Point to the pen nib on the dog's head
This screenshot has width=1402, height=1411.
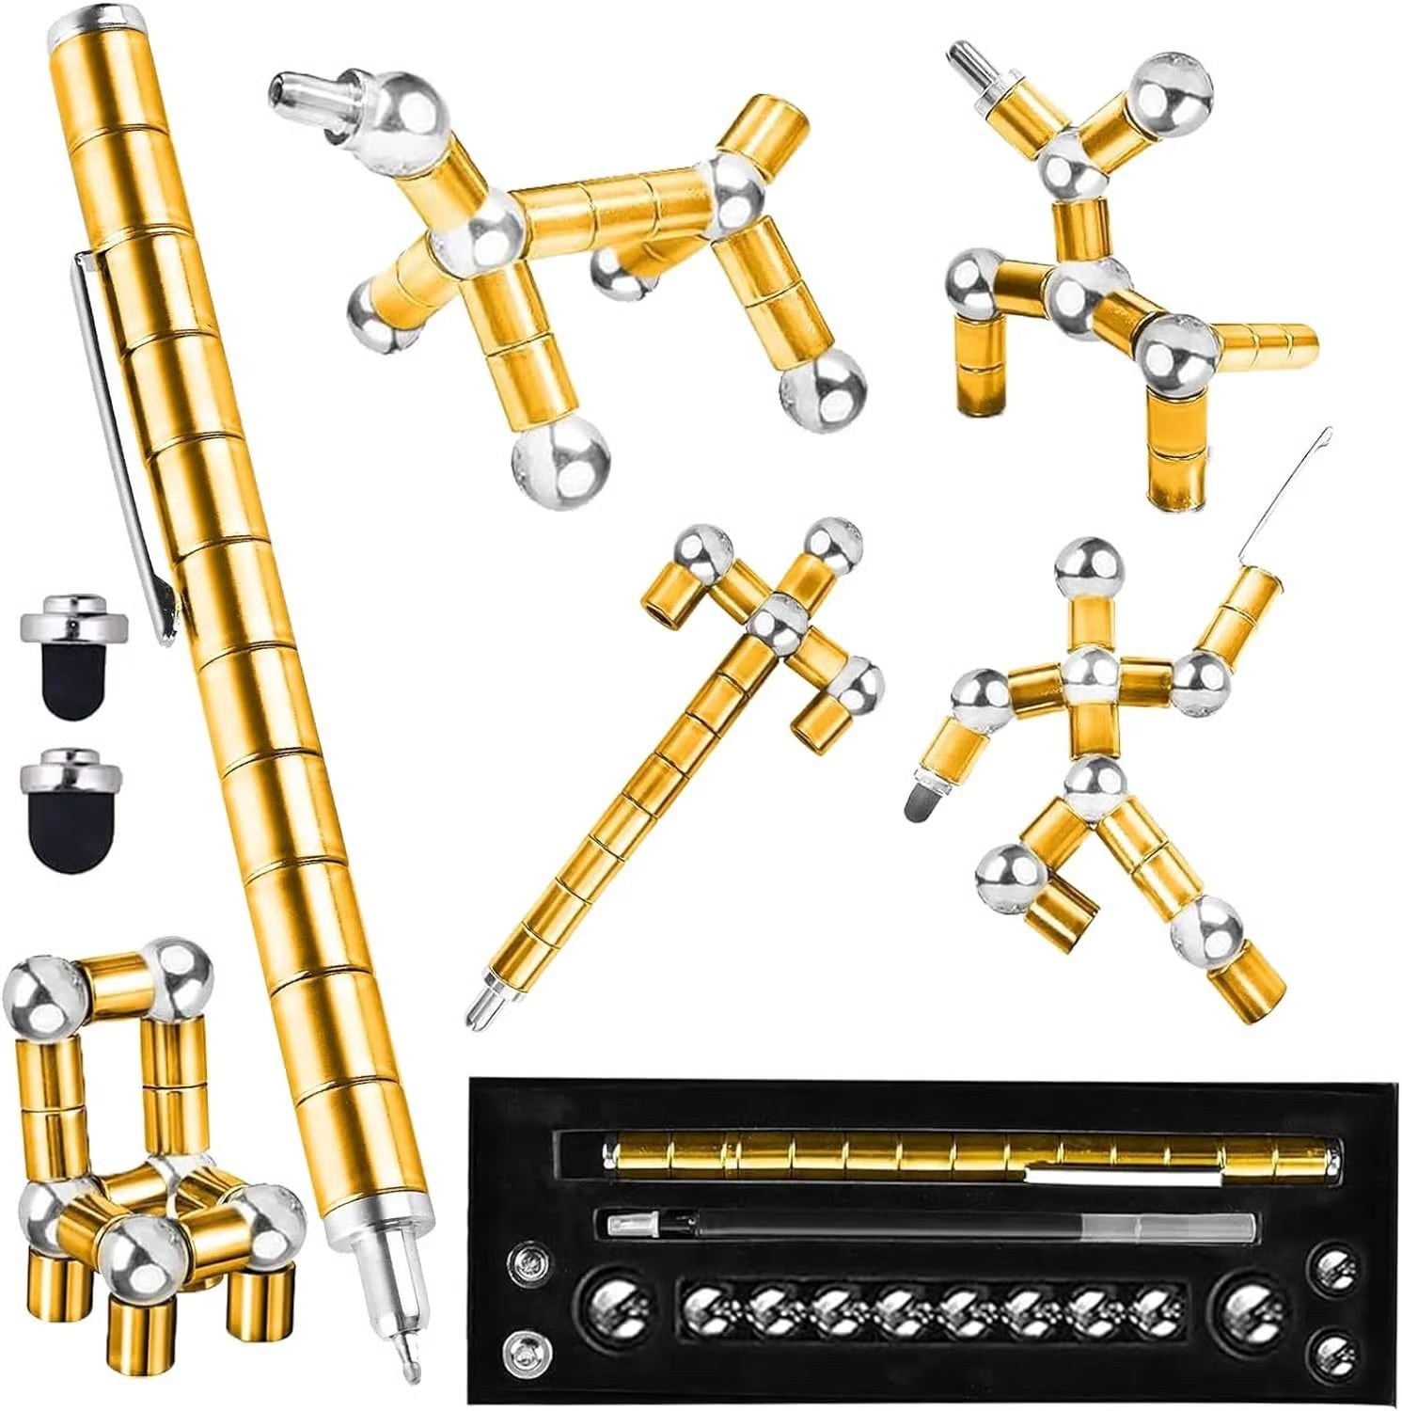tap(303, 91)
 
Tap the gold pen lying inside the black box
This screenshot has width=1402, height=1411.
tap(969, 1152)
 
